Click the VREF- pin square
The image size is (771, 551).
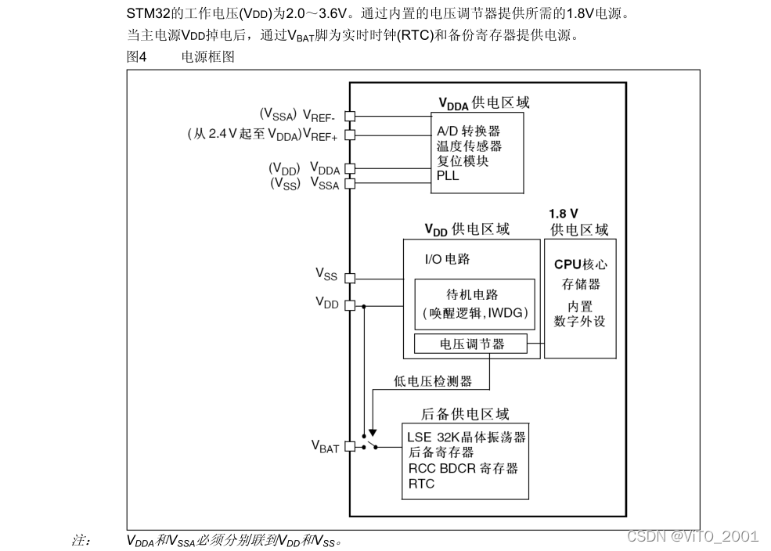(350, 116)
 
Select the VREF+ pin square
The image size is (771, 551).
(350, 134)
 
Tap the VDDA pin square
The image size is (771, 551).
(350, 167)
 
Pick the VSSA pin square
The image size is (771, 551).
(350, 183)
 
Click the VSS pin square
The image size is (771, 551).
(350, 277)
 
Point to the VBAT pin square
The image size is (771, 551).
(350, 446)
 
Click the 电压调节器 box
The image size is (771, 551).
(471, 344)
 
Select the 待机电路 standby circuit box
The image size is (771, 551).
(474, 304)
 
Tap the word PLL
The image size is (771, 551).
(448, 175)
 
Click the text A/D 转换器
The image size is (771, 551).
(468, 131)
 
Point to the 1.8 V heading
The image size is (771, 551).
(564, 213)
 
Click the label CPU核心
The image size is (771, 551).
(580, 265)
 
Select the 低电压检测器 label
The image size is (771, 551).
(433, 381)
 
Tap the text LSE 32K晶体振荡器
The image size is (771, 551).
(467, 437)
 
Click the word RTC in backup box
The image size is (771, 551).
(421, 484)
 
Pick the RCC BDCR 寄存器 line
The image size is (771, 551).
(463, 468)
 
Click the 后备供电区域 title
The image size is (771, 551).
(465, 414)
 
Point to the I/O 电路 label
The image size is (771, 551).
(447, 259)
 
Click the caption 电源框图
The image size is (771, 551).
(207, 56)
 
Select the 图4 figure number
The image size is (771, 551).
(136, 56)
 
